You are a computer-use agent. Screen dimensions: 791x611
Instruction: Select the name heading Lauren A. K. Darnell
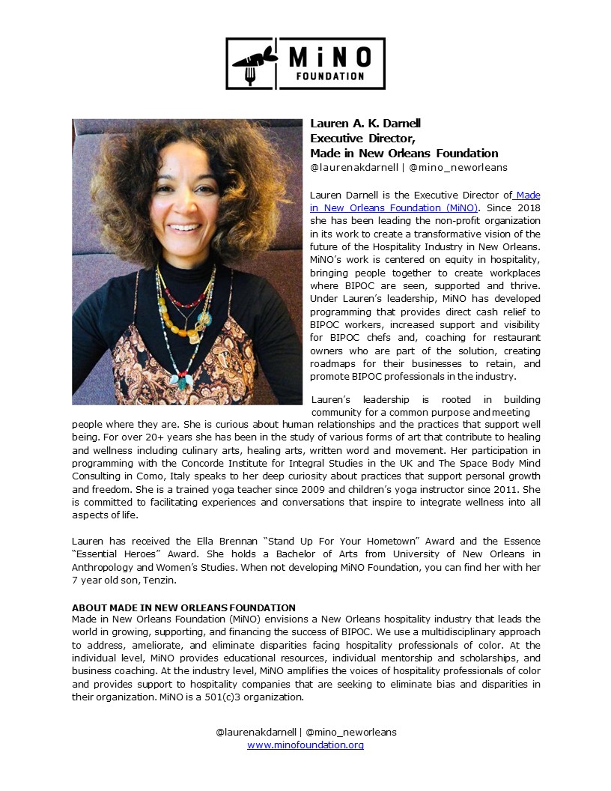point(366,124)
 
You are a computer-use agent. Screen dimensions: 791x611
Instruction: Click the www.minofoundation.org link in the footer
point(305,745)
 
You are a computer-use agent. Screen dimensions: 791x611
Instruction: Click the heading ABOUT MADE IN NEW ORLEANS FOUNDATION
point(183,607)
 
